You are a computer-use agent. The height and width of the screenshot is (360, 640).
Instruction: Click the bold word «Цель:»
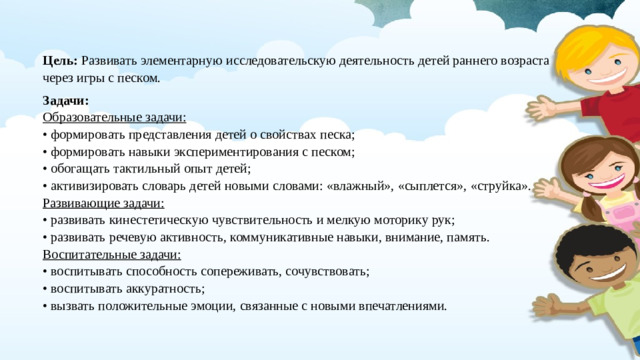[x=60, y=61]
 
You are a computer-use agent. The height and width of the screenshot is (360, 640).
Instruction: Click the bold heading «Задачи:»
[x=67, y=101]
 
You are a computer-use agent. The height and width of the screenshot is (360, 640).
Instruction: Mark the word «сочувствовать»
[x=325, y=271]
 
